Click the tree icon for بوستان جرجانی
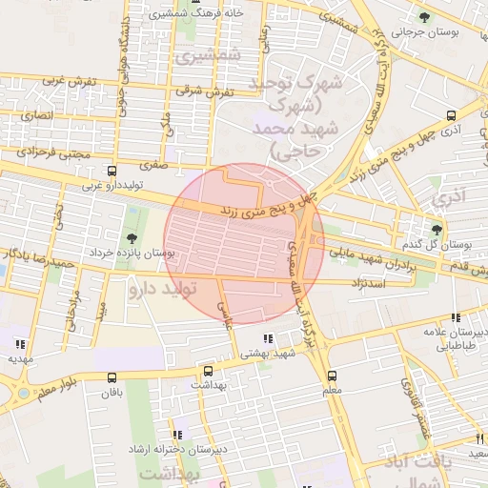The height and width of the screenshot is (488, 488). point(424,17)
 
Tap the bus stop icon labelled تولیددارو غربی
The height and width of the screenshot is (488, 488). point(112,172)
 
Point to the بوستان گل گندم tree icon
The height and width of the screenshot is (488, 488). point(437,229)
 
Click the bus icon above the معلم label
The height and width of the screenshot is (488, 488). point(332,376)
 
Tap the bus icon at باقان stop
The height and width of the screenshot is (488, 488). point(112,378)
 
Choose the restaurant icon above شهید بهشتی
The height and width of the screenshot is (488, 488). point(268,338)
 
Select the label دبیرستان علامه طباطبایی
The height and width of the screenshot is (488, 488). point(456,339)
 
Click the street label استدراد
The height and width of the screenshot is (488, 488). point(362,283)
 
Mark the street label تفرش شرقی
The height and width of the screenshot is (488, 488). point(205,91)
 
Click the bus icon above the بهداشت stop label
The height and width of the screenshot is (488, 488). point(208,371)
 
